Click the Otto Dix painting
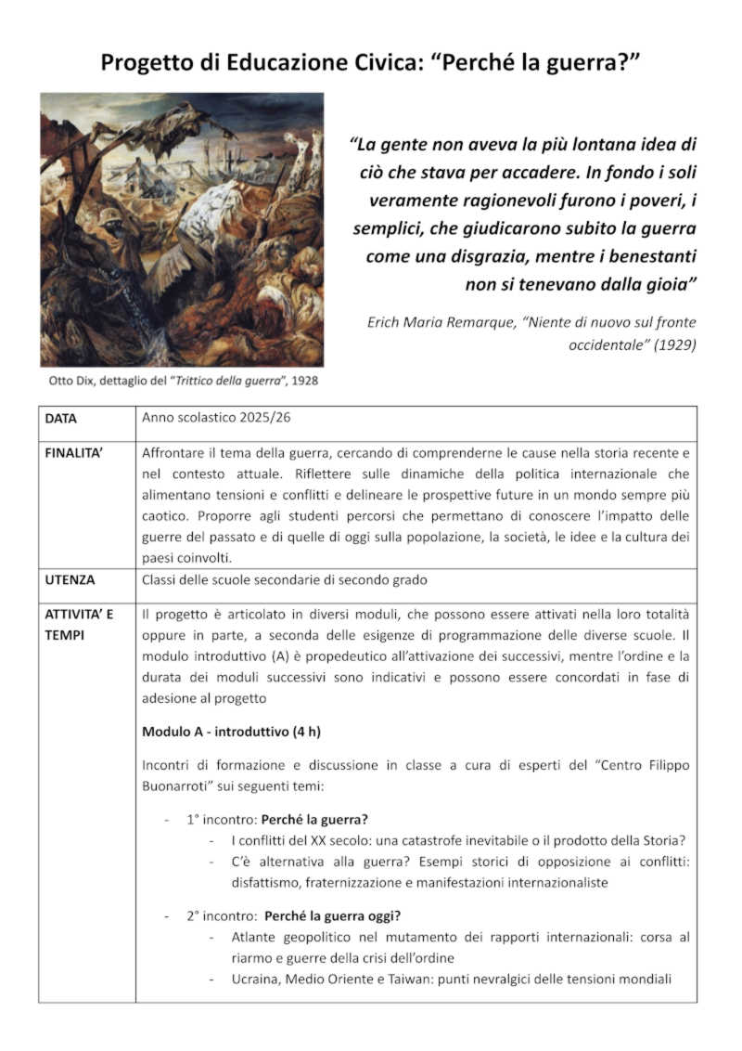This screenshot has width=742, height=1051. click(x=182, y=229)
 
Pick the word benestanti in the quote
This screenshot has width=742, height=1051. click(x=647, y=255)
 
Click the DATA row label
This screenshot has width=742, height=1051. click(x=61, y=419)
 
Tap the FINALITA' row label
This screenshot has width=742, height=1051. click(x=77, y=454)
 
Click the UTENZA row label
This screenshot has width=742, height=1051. click(x=70, y=579)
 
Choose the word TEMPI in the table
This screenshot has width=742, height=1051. click(x=66, y=633)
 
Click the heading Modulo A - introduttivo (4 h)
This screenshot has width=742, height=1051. click(x=231, y=732)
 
